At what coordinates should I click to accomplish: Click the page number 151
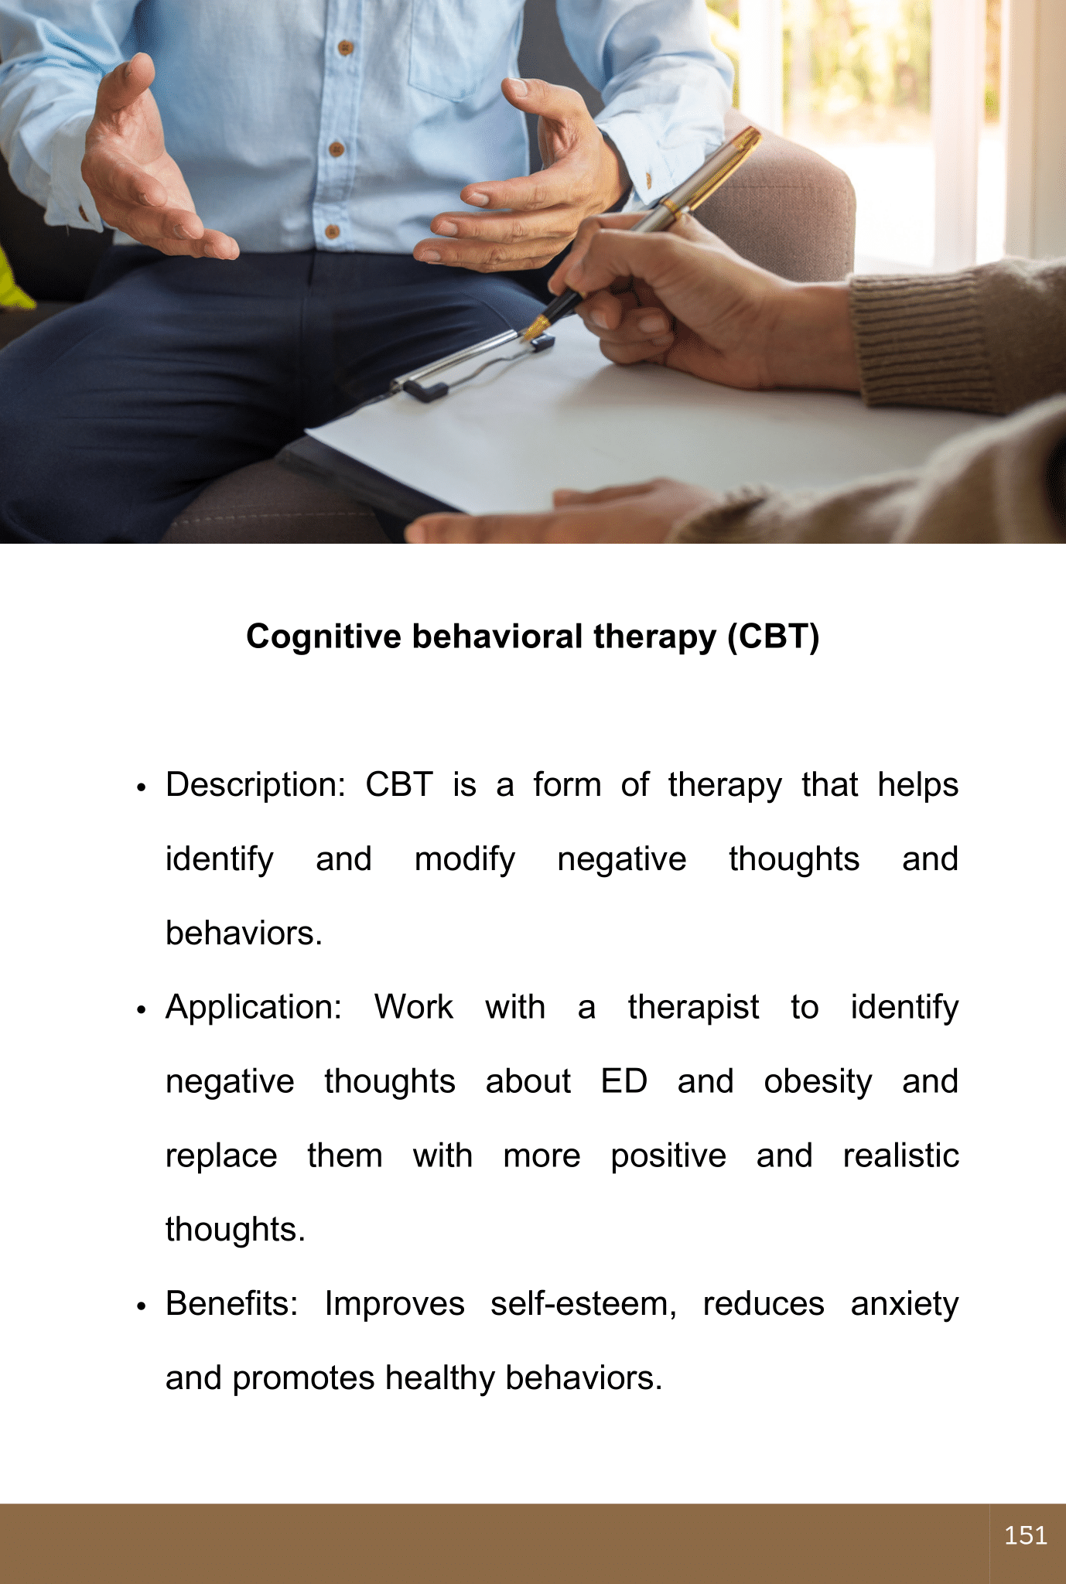click(x=1026, y=1535)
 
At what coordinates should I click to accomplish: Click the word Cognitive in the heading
click(x=324, y=637)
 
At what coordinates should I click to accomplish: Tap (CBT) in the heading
click(x=773, y=637)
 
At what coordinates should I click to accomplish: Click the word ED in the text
click(x=624, y=1081)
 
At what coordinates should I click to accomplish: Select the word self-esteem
click(x=584, y=1305)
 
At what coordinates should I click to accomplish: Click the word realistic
click(x=901, y=1156)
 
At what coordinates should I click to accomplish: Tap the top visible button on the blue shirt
click(x=346, y=48)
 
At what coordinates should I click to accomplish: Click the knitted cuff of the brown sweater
click(x=921, y=333)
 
